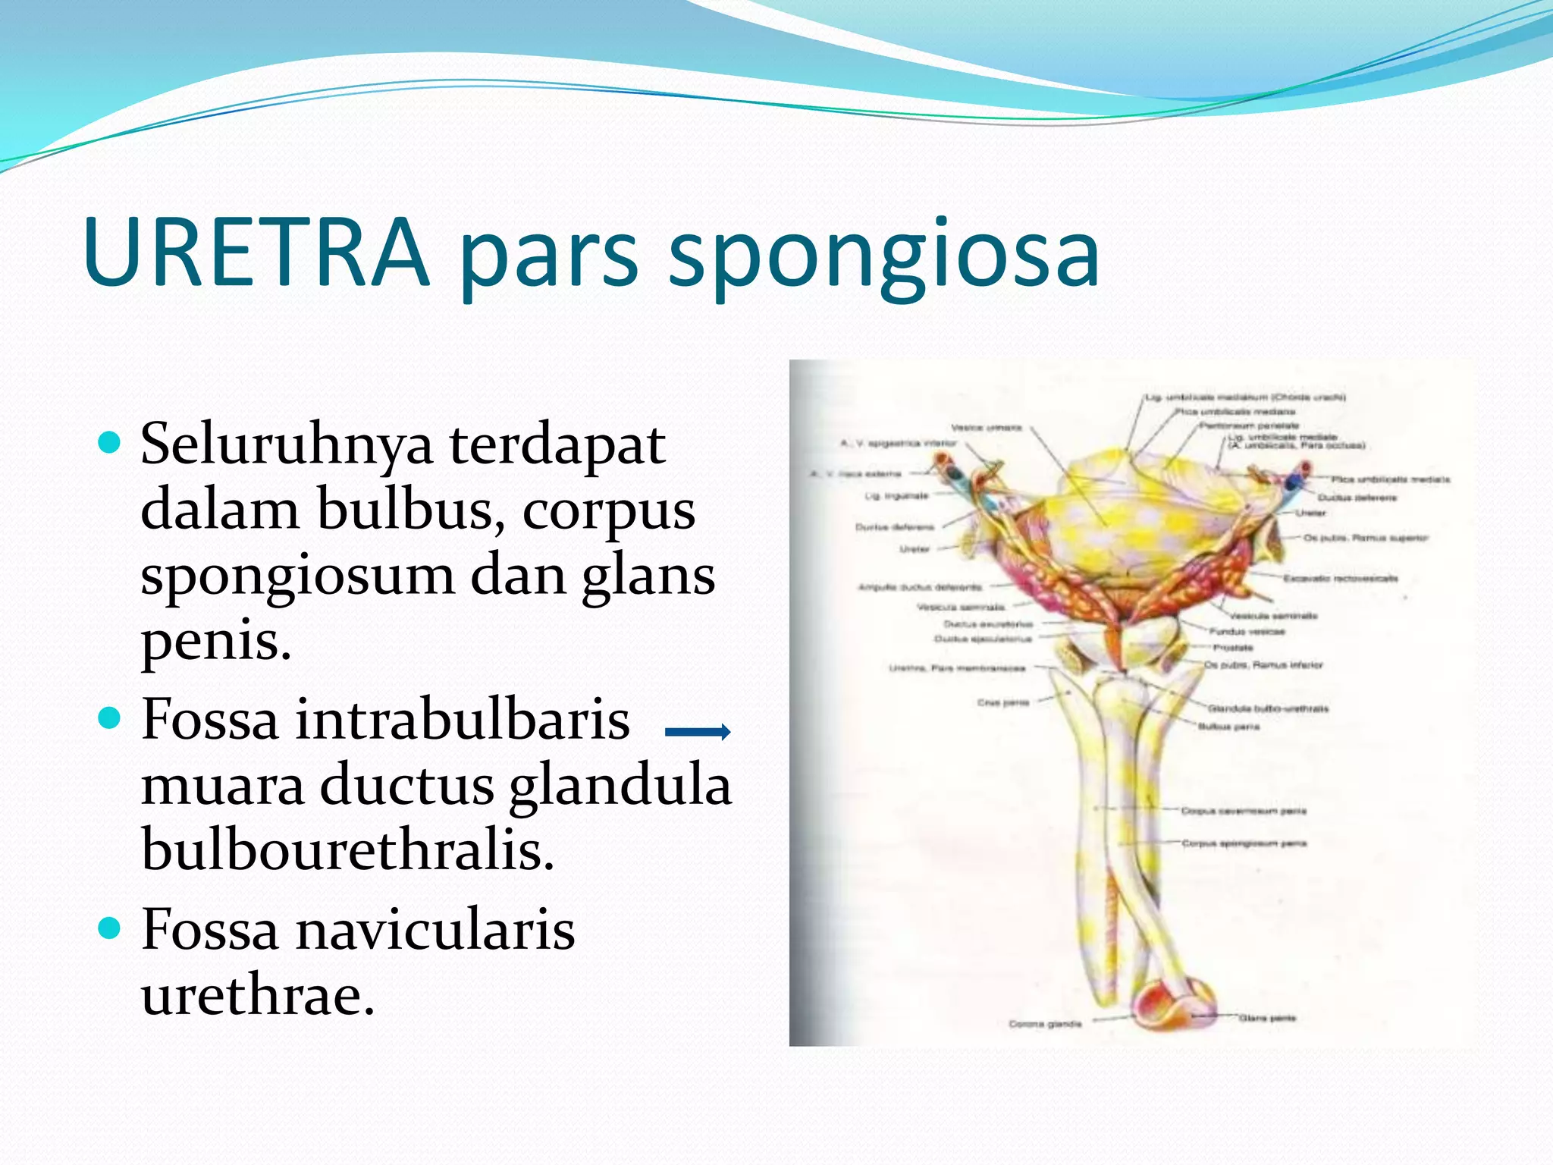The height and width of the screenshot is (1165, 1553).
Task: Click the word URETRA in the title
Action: [256, 252]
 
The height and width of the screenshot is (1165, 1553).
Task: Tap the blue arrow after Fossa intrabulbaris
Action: [697, 731]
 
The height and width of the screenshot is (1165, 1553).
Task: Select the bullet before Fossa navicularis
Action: [110, 927]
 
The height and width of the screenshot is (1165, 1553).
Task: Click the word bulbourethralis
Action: [347, 849]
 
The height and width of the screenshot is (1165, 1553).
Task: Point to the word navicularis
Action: [435, 930]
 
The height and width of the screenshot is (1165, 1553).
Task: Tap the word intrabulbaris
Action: [463, 719]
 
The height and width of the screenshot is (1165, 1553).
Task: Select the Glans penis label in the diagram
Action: [1267, 1018]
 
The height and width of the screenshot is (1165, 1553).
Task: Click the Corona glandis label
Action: [1045, 1024]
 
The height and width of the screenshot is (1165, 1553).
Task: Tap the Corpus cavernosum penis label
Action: [1244, 811]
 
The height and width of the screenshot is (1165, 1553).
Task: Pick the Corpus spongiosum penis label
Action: [1244, 843]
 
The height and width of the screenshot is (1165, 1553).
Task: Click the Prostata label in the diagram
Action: [1233, 648]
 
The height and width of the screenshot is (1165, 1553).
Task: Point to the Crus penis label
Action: [1002, 702]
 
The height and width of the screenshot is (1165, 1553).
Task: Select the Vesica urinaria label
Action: [987, 428]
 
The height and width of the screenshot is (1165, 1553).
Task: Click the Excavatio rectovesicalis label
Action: [1340, 578]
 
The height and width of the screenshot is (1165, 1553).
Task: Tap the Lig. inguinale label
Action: [896, 496]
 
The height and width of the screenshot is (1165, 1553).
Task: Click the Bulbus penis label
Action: [1228, 727]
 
